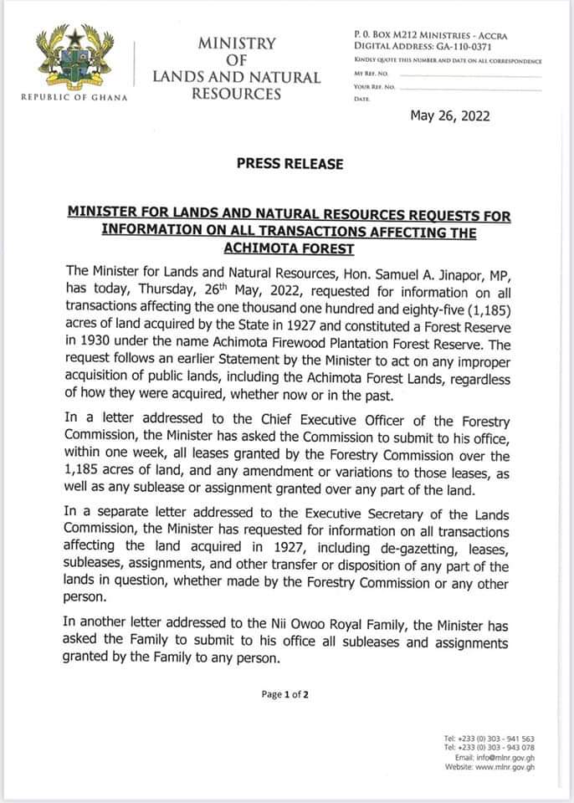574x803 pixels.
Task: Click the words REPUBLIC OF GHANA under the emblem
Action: pos(73,97)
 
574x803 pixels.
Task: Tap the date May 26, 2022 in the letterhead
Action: pos(450,116)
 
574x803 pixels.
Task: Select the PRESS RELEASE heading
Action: pos(290,164)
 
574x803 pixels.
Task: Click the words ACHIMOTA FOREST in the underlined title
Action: pos(290,248)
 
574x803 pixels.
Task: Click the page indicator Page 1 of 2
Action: pos(285,694)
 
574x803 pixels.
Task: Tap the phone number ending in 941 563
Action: pos(495,739)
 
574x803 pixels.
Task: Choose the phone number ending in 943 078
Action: pos(495,748)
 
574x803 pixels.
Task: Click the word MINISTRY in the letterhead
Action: pos(236,43)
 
